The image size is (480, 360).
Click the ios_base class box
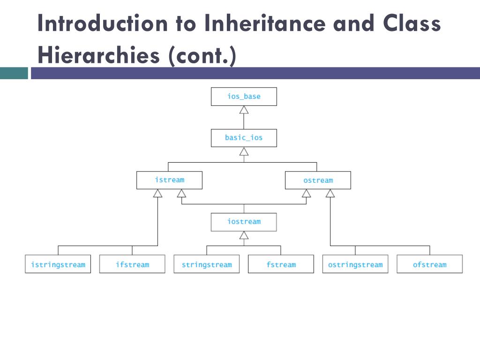point(244,97)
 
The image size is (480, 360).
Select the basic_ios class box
point(244,138)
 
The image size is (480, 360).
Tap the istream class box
point(169,180)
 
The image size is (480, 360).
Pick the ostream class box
point(318,180)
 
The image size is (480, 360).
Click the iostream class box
point(244,222)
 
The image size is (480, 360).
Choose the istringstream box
point(58,264)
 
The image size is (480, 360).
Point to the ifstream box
point(132,264)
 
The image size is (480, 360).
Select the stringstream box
point(206,264)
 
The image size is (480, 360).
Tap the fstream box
point(281,264)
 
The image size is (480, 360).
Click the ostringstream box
point(355,264)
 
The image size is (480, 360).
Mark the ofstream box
point(429,264)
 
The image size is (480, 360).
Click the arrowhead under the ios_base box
point(244,110)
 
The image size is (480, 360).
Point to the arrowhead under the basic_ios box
point(244,151)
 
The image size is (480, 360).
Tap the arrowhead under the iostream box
point(244,235)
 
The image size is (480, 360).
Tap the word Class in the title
point(412,24)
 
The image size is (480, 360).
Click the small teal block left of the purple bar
point(14,74)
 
